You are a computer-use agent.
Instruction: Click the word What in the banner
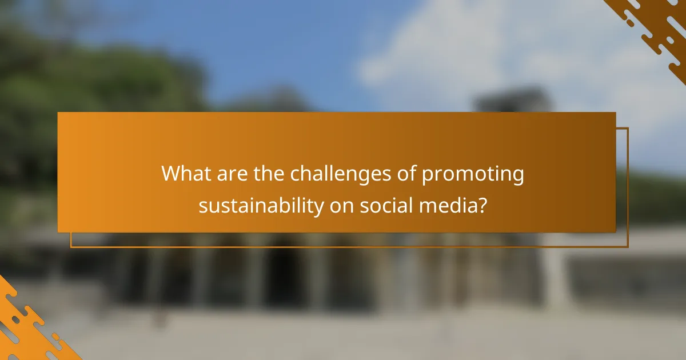coord(186,174)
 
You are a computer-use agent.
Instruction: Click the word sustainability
coord(261,206)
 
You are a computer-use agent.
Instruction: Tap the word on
coord(341,206)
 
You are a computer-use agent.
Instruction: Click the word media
coord(449,206)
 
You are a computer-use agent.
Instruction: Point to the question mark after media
coord(482,206)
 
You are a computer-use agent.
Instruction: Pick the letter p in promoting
coord(428,176)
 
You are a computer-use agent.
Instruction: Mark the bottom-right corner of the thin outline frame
coord(628,247)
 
